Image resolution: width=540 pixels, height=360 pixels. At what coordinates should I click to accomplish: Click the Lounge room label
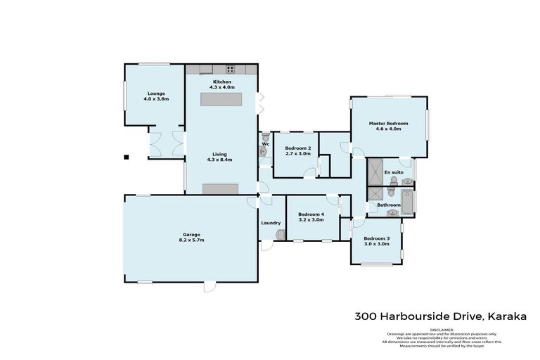[157, 94]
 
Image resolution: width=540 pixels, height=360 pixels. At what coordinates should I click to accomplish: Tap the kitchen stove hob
[230, 69]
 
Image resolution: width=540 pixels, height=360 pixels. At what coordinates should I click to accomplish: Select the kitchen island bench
[221, 100]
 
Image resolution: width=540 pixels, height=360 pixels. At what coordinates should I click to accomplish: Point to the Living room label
[219, 154]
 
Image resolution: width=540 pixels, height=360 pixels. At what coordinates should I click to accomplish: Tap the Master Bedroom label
[388, 124]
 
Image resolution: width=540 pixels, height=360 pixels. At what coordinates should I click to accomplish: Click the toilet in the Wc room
[265, 137]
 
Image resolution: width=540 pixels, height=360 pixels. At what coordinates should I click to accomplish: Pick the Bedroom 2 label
[297, 148]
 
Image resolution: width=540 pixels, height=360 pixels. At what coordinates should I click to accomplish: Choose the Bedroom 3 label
[376, 238]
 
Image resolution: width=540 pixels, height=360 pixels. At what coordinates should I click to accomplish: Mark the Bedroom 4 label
[311, 214]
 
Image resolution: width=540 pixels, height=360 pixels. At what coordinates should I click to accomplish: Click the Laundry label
[271, 223]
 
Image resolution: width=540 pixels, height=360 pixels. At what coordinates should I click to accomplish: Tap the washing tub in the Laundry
[281, 236]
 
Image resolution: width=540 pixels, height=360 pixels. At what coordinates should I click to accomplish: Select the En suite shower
[374, 171]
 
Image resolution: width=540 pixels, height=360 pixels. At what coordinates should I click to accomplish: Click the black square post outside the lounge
[126, 157]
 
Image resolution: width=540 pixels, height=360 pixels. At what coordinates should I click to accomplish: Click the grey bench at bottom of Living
[220, 188]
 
